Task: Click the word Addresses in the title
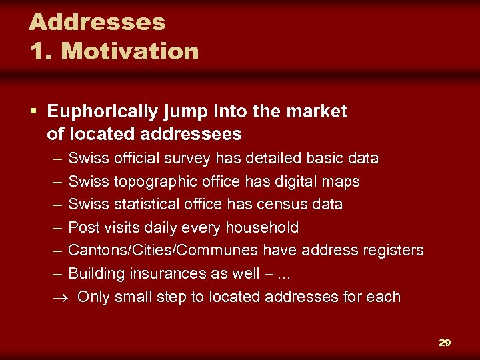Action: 97,22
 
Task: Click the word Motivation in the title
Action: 130,51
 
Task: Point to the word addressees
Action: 191,134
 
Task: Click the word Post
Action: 84,227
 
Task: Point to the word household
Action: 262,227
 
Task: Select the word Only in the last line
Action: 93,297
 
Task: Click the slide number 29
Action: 445,343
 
